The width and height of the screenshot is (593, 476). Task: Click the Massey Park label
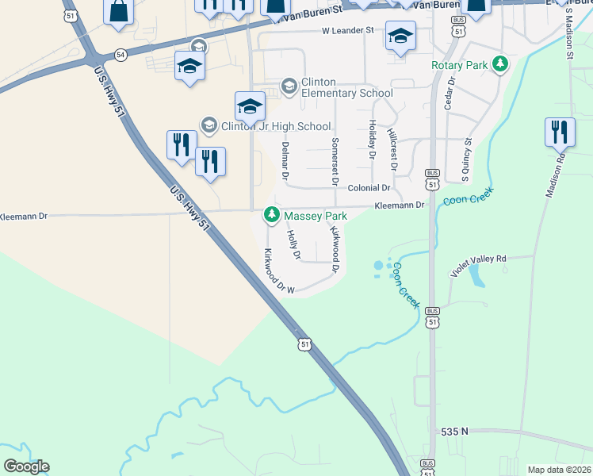coord(316,215)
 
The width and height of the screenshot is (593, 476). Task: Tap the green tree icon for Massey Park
coord(271,215)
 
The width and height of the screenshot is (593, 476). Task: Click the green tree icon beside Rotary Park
coord(499,63)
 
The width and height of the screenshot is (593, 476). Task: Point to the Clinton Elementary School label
coord(347,87)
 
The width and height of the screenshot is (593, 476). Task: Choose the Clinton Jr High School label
coord(275,125)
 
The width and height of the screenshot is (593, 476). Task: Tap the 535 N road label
coord(455,432)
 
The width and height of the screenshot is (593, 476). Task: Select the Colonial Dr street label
coord(369,188)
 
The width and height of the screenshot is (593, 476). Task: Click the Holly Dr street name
coord(293,244)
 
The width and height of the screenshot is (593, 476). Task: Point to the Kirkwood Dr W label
coord(278,271)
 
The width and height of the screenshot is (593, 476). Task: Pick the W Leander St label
coord(347,31)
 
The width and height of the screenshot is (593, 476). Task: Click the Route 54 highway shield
coord(120,55)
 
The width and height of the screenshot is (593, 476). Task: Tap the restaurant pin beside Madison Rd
coord(560,132)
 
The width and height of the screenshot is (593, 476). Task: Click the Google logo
coord(26,466)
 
